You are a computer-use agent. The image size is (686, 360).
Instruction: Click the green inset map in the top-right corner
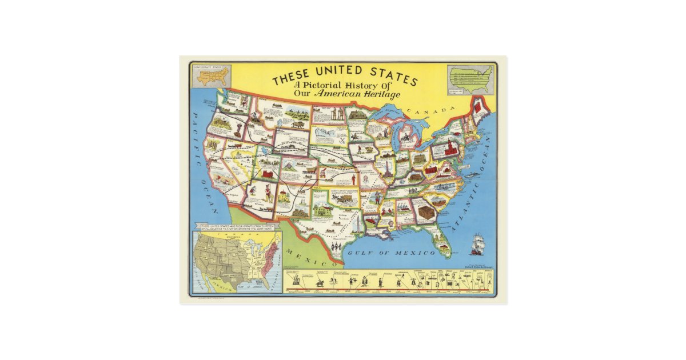(470, 79)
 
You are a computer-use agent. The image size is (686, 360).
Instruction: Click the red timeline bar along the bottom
(389, 291)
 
